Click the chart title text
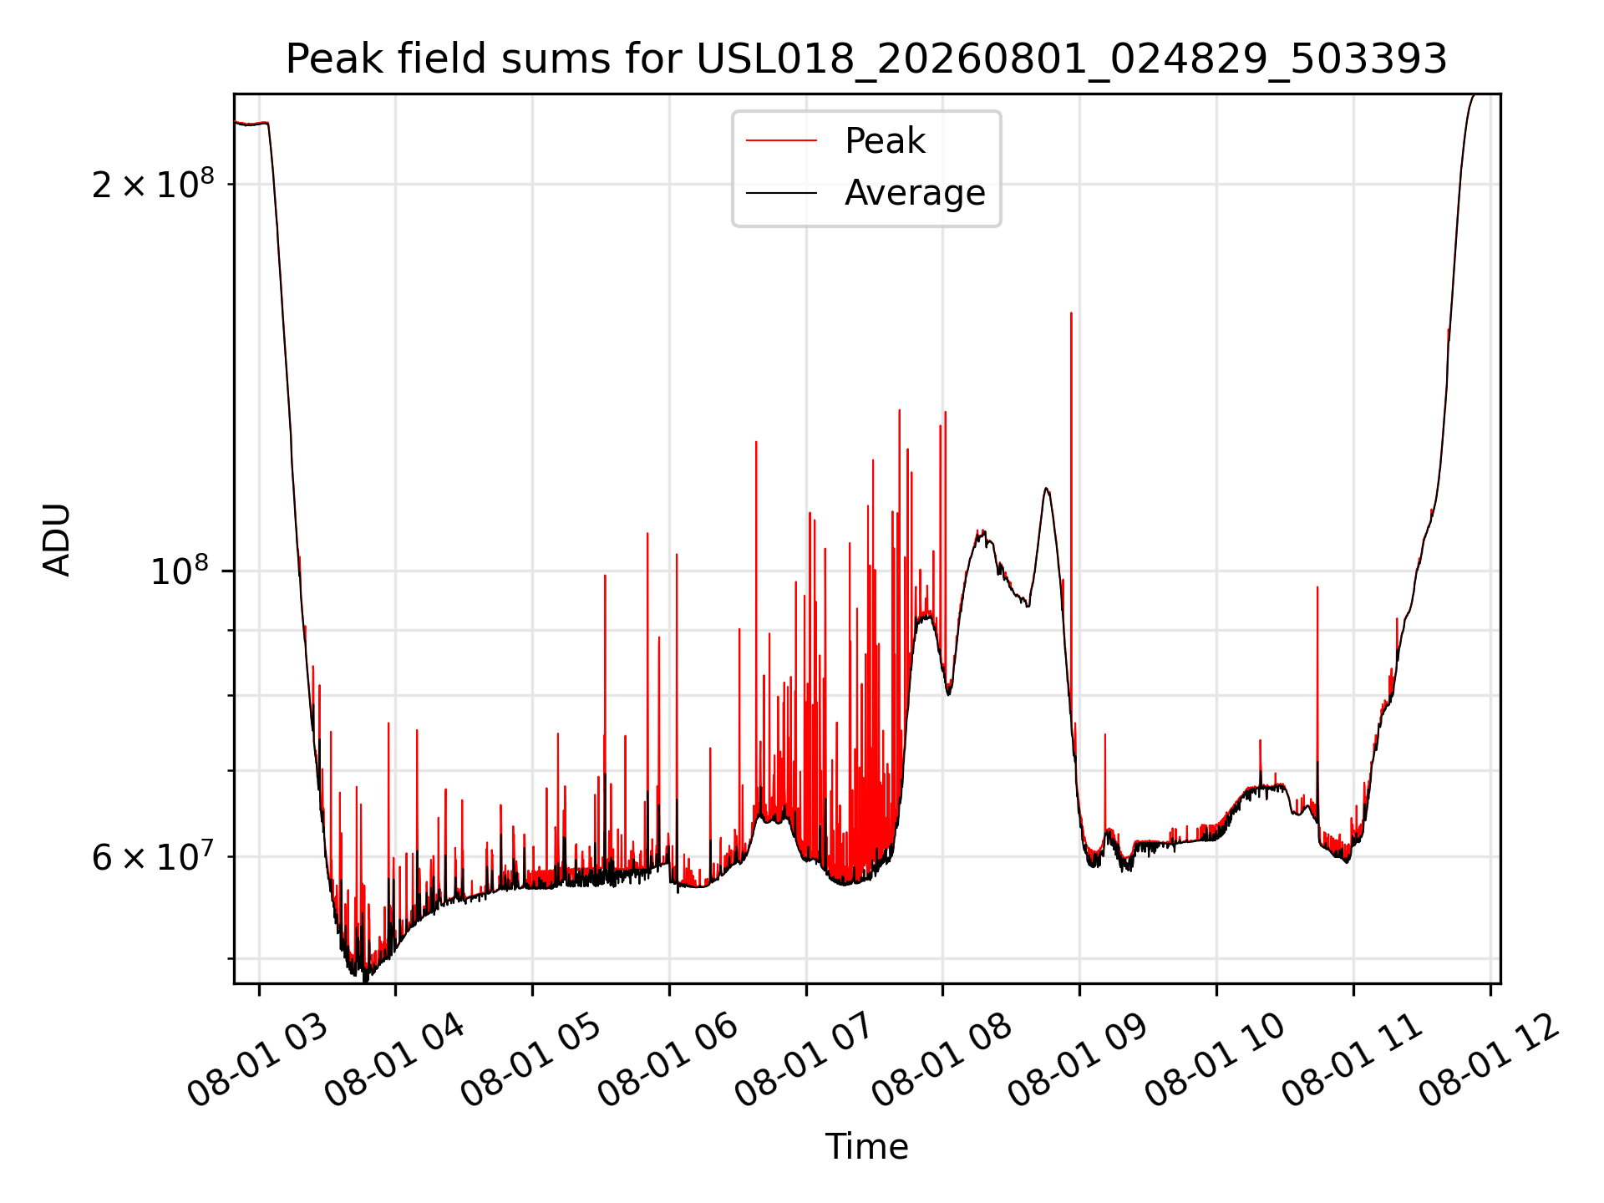tap(866, 59)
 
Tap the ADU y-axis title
tap(57, 539)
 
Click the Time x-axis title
tap(866, 1146)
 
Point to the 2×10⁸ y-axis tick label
tap(153, 184)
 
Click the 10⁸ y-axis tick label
tap(180, 571)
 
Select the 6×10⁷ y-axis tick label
tap(153, 856)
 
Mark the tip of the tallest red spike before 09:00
tap(1071, 313)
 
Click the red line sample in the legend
tap(781, 140)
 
